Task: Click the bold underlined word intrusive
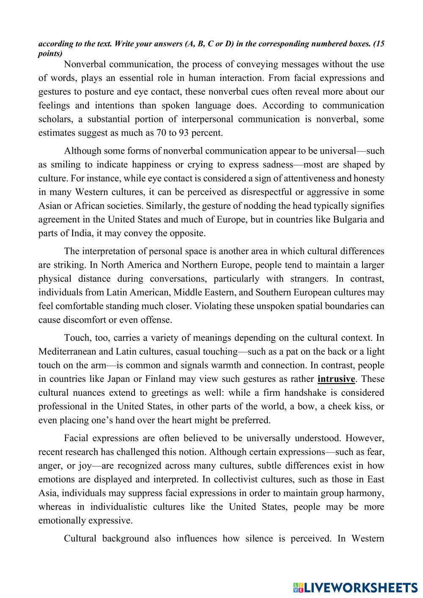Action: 337,379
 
